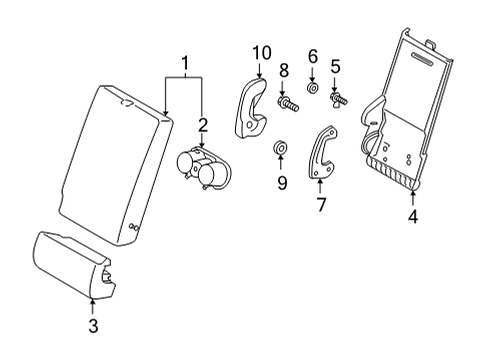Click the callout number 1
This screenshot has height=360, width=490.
[185, 64]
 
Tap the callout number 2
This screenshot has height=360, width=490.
[203, 125]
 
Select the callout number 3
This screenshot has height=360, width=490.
[93, 326]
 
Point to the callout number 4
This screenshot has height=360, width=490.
[413, 217]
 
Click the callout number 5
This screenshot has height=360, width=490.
[335, 66]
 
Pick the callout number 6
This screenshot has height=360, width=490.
[313, 56]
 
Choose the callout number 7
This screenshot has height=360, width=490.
[321, 204]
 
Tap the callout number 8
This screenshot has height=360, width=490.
[284, 70]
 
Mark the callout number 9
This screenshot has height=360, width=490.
[282, 183]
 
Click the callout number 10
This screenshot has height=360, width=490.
[262, 53]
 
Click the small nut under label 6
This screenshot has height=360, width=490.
[312, 88]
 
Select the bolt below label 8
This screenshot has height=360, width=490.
[288, 103]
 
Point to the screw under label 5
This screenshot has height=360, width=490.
[338, 99]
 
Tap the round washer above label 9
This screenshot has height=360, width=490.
[280, 148]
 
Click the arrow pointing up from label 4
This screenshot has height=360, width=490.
[413, 198]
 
